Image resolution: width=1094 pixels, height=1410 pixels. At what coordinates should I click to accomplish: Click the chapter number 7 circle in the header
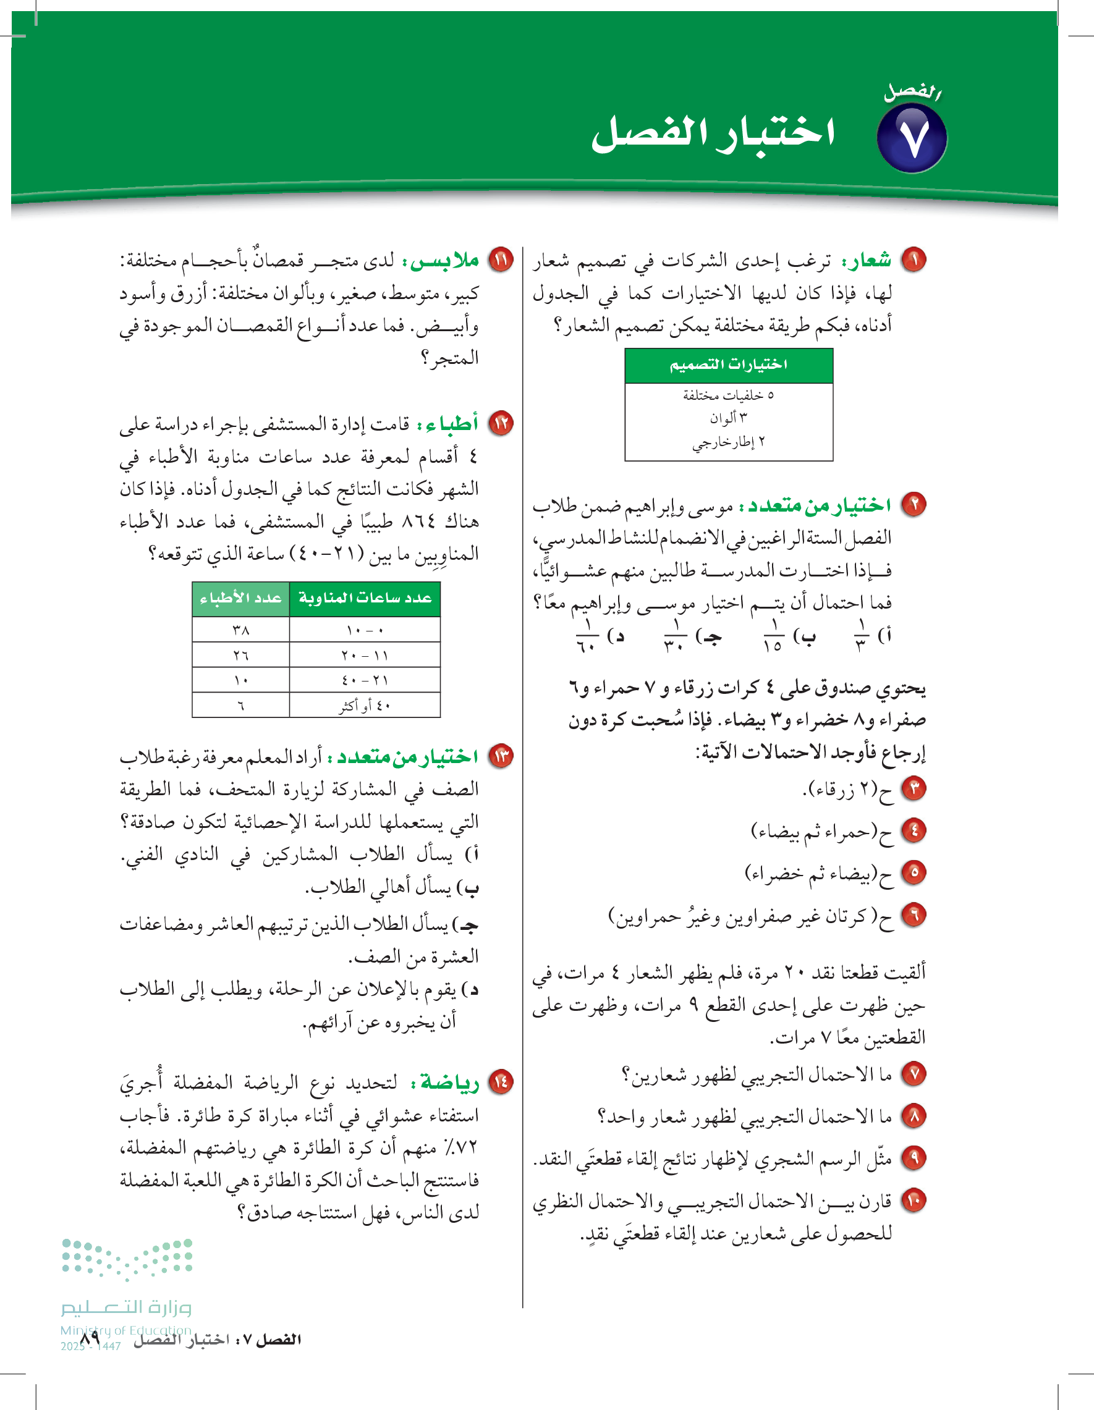click(911, 138)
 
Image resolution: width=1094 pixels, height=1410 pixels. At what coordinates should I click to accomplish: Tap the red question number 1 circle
click(914, 260)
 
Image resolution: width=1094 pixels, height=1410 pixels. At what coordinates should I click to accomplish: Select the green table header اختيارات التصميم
click(729, 365)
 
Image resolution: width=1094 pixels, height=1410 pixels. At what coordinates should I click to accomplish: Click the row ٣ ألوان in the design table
click(729, 418)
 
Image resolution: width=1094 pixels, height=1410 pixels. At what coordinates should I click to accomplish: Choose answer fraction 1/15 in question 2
click(773, 636)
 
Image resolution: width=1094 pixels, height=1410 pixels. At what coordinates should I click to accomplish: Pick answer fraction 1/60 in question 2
click(587, 636)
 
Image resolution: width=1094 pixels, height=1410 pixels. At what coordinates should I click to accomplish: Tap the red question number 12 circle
click(501, 423)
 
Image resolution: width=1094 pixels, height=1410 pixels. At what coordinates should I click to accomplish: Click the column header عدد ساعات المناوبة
click(365, 599)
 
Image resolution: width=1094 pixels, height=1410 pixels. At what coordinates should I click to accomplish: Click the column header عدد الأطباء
click(240, 599)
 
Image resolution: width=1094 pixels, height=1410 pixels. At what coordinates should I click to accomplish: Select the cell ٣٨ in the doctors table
click(241, 630)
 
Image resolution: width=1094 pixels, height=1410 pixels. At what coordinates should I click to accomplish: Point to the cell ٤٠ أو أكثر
click(365, 706)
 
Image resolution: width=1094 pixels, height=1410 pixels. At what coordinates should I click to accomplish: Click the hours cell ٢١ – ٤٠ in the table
click(365, 680)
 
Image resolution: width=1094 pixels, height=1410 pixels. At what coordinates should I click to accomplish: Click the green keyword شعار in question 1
click(866, 260)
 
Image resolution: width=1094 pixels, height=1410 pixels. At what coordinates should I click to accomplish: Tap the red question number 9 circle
click(914, 1158)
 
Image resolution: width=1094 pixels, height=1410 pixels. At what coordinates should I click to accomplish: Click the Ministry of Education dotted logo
click(127, 1259)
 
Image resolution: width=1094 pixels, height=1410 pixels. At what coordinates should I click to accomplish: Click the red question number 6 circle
click(914, 915)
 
